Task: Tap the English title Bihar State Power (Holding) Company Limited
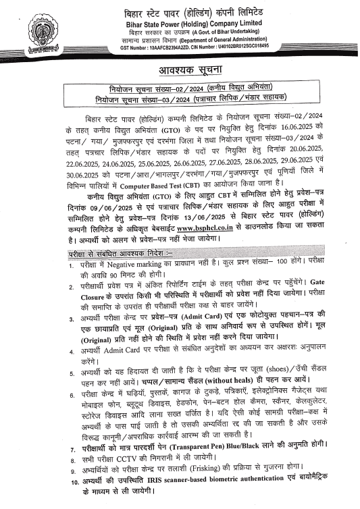[x=209, y=24]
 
